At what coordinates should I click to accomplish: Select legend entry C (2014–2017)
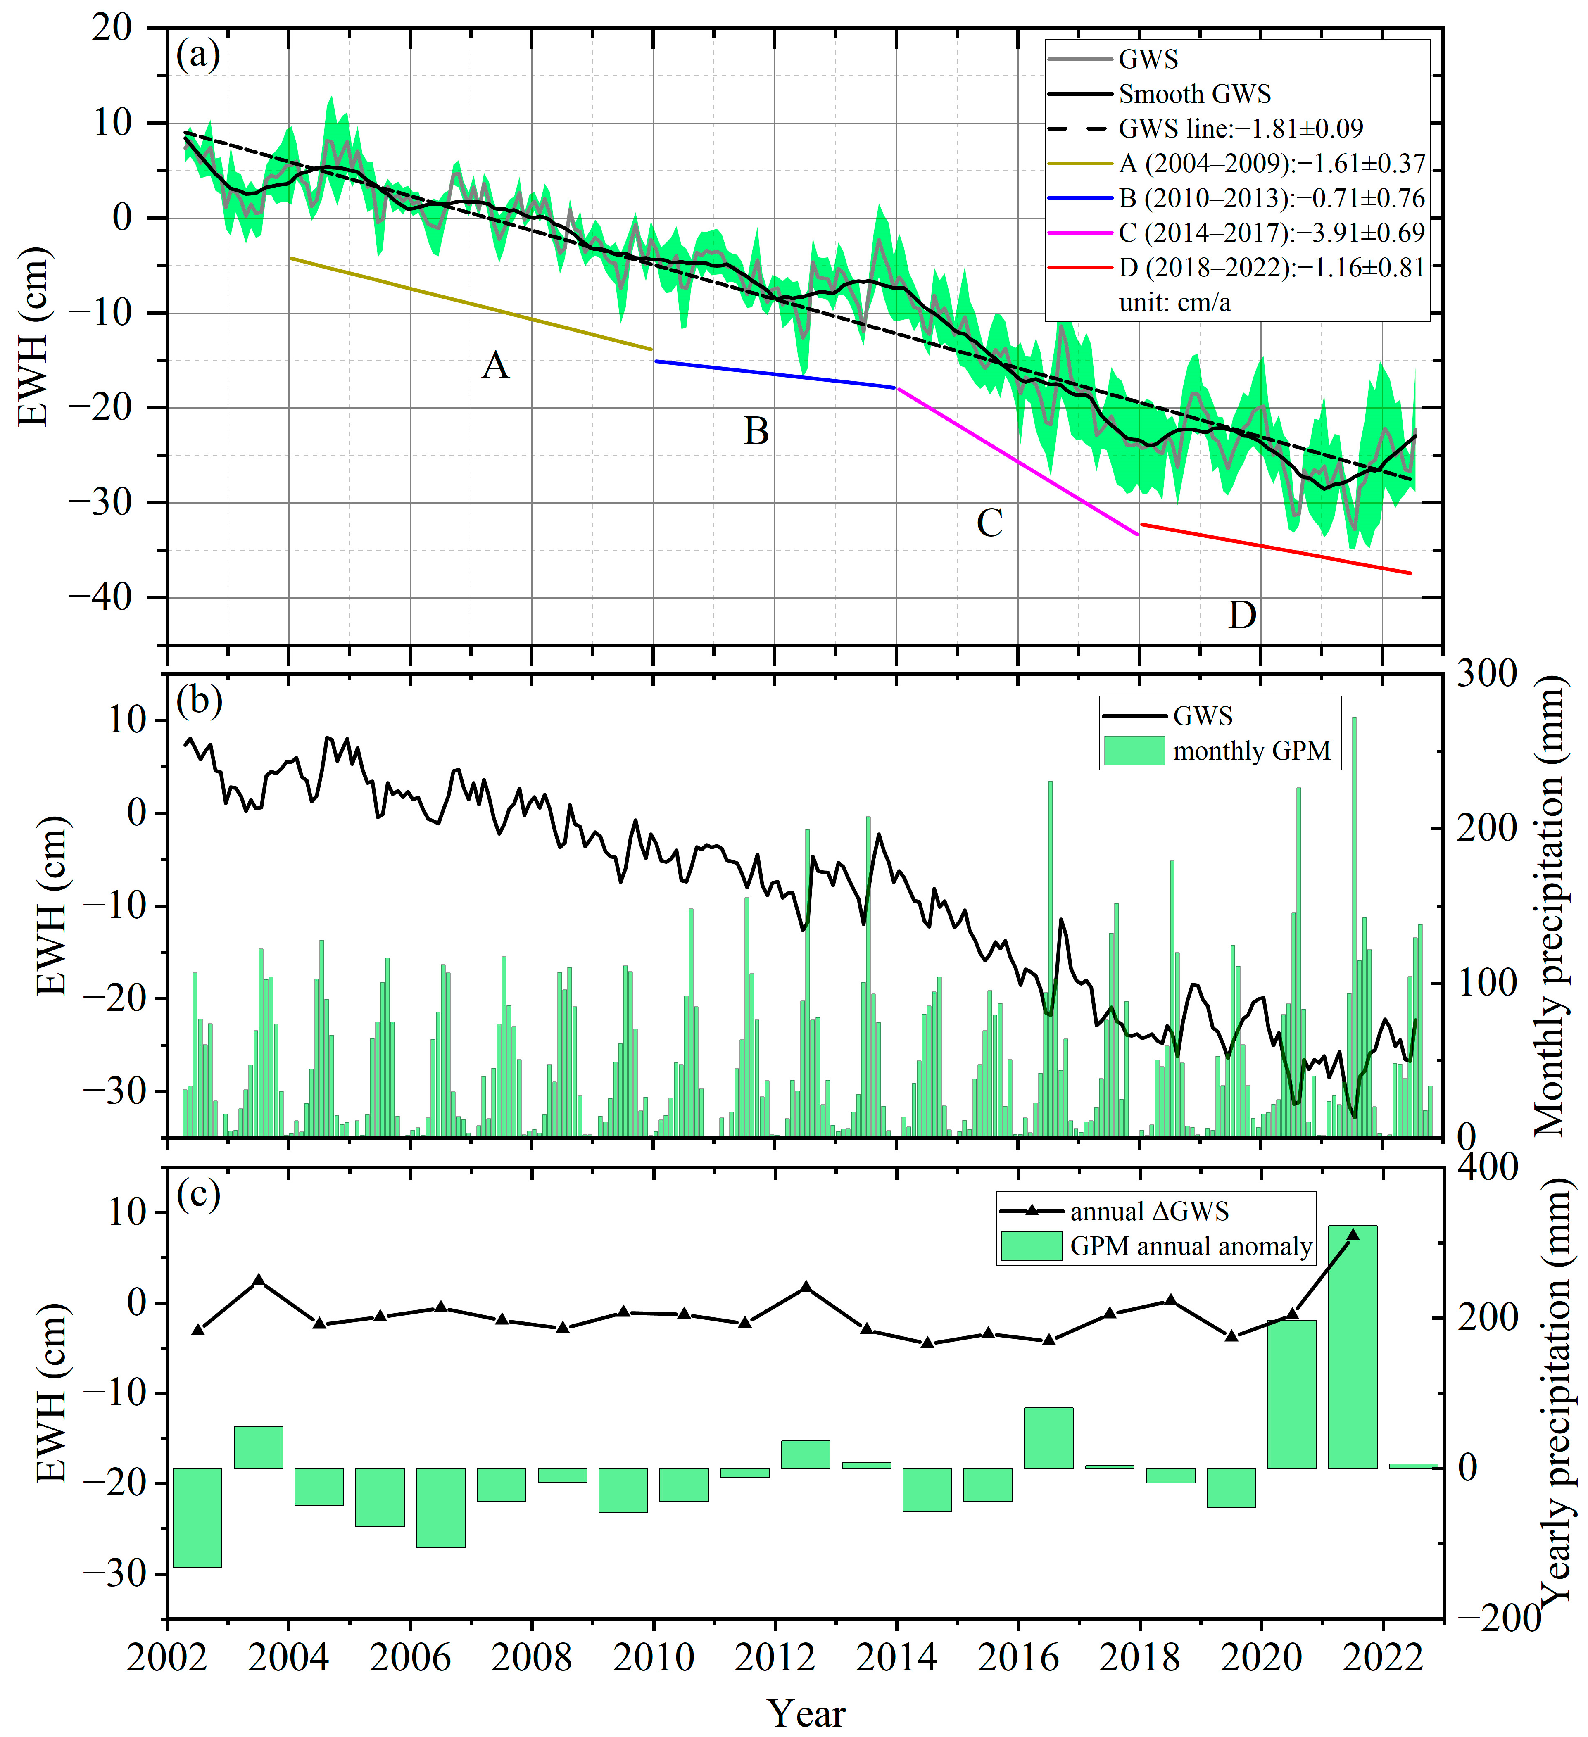[x=1271, y=233]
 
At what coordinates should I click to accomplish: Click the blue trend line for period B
[x=775, y=375]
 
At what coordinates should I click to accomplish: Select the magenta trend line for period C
[x=1017, y=461]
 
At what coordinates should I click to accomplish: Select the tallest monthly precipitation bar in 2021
[x=1354, y=926]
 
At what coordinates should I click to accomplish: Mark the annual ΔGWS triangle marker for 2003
[x=259, y=1279]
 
